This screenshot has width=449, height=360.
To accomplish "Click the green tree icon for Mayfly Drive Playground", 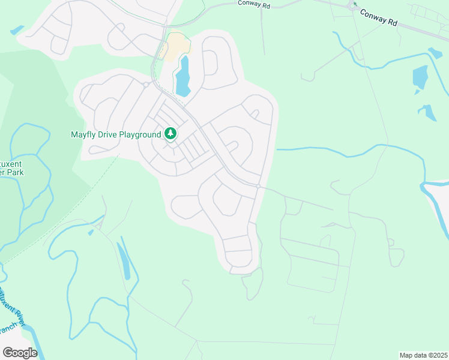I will [171, 133].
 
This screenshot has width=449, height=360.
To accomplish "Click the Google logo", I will [20, 353].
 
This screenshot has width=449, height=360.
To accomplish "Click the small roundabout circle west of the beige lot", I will [145, 85].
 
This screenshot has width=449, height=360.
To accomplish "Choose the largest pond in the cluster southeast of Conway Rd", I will [420, 77].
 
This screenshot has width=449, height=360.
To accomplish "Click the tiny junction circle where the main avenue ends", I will [258, 187].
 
